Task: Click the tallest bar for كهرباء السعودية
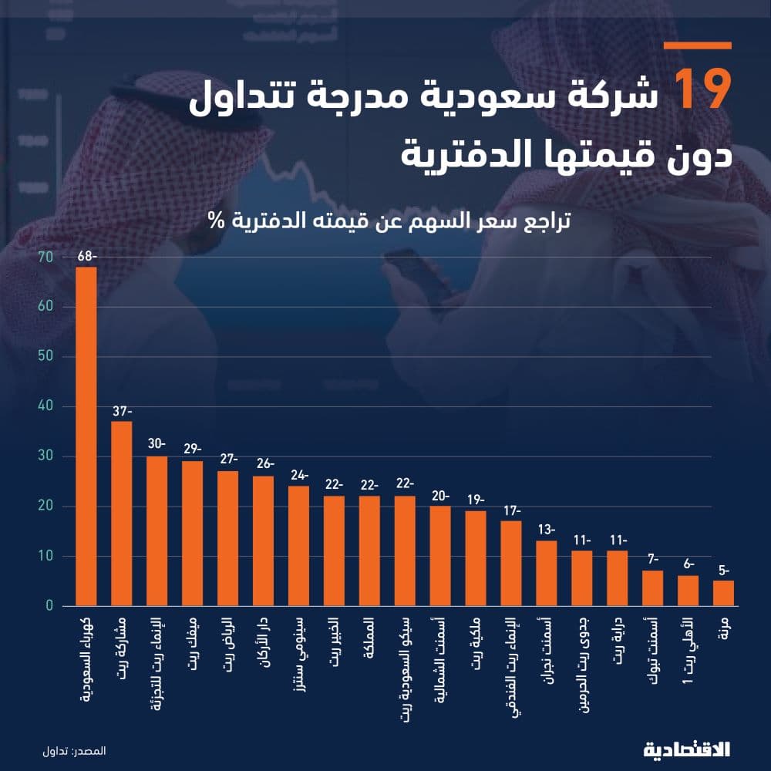click(86, 436)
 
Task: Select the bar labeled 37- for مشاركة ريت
click(122, 513)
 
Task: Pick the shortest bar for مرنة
click(723, 593)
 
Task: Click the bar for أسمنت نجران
click(547, 573)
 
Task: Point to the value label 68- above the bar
click(86, 256)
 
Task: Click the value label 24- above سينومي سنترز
click(298, 475)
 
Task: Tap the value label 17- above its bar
click(511, 510)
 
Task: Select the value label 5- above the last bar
click(723, 570)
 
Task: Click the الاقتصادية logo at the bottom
click(686, 749)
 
